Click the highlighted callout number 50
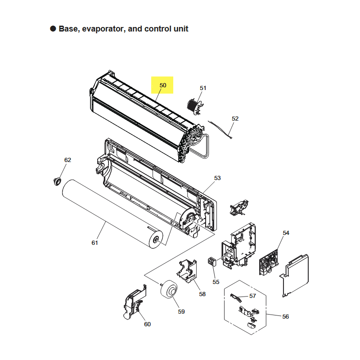pyautogui.click(x=163, y=85)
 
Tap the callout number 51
pyautogui.click(x=203, y=88)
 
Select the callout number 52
pyautogui.click(x=235, y=118)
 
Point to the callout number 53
pyautogui.click(x=217, y=178)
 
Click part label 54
pyautogui.click(x=286, y=233)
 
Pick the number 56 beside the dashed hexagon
pyautogui.click(x=285, y=317)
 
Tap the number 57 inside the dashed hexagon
pyautogui.click(x=252, y=296)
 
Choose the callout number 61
pyautogui.click(x=94, y=243)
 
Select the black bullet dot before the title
pyautogui.click(x=53, y=29)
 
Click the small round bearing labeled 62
pyautogui.click(x=57, y=181)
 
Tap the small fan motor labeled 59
pyautogui.click(x=169, y=289)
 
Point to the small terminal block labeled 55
pyautogui.click(x=212, y=262)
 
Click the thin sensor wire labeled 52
pyautogui.click(x=220, y=130)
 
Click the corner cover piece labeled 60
pyautogui.click(x=134, y=302)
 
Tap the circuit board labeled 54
pyautogui.click(x=269, y=263)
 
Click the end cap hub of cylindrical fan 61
pyautogui.click(x=156, y=239)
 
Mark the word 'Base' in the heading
pyautogui.click(x=68, y=29)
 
